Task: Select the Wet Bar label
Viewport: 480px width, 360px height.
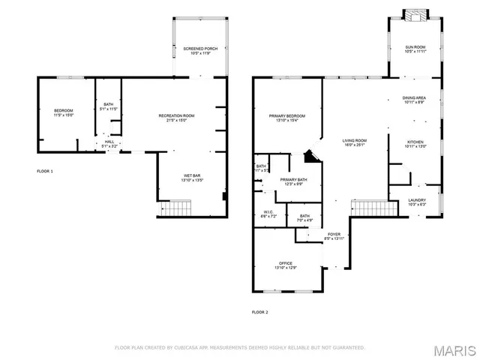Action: (x=192, y=178)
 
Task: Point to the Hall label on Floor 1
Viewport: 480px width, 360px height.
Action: (x=109, y=143)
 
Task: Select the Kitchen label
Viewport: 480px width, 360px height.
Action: (x=415, y=143)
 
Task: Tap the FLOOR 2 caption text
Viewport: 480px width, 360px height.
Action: (x=259, y=311)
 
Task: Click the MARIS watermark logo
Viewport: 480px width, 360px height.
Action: (x=457, y=350)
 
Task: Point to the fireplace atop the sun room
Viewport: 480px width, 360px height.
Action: (x=414, y=14)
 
